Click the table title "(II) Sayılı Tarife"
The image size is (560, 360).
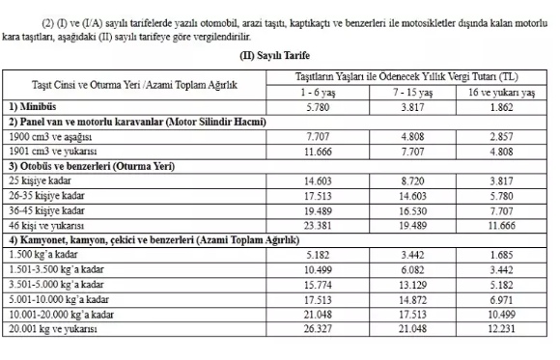tap(279, 56)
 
